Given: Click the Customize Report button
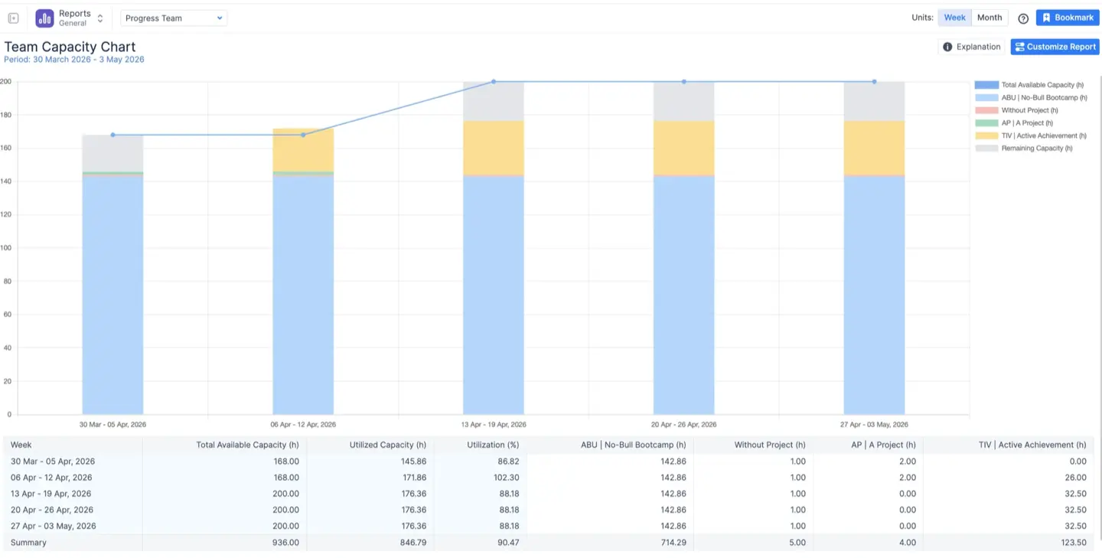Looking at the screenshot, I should click(1055, 47).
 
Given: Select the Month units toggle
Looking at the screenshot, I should click(989, 18).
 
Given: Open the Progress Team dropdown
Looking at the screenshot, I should click(174, 18).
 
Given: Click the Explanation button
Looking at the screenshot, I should click(971, 47).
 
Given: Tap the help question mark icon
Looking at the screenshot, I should click(1023, 18).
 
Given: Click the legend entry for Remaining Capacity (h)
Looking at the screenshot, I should click(1036, 148).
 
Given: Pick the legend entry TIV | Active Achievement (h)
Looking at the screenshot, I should click(1043, 135).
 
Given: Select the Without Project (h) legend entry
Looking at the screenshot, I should click(1029, 110).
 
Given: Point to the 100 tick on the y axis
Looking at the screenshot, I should click(6, 248).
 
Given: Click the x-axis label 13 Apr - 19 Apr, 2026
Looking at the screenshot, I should click(493, 424).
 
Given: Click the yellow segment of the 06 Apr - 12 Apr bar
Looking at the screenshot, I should click(303, 150).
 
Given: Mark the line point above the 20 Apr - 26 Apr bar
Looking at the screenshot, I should click(683, 82).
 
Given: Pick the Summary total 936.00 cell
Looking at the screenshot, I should click(286, 543).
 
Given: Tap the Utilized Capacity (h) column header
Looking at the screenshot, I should click(387, 445).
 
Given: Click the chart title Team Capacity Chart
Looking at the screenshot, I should click(70, 47).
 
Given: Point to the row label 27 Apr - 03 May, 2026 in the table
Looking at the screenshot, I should click(53, 527).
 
